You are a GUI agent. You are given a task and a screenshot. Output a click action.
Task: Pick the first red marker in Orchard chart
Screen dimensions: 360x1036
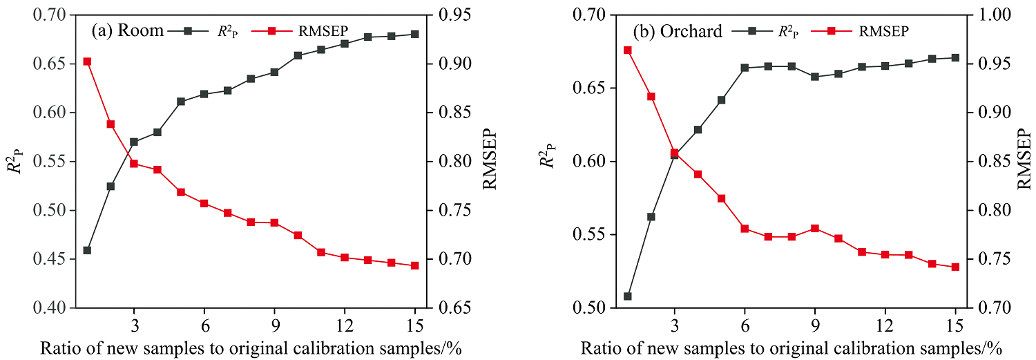[x=628, y=50]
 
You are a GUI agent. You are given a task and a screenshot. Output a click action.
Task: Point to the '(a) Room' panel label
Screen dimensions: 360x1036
[x=128, y=30]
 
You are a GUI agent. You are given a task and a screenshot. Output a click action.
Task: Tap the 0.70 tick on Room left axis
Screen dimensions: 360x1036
[x=51, y=15]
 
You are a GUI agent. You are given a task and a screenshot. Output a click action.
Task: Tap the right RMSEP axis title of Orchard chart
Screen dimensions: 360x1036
[x=1026, y=161]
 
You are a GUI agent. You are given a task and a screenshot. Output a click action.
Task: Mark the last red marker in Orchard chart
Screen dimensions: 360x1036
[x=956, y=267]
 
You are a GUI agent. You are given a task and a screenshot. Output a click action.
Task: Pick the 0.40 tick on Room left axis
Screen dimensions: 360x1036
[x=51, y=307]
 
